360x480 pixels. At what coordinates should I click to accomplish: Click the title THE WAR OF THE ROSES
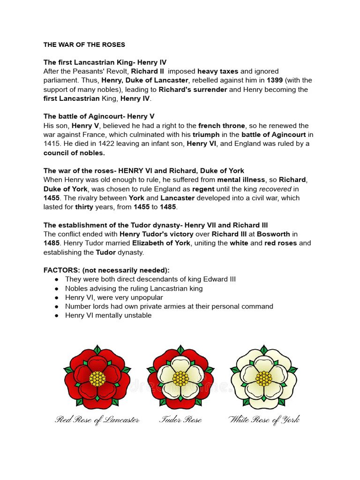click(84, 45)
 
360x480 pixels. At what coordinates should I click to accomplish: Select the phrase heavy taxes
click(218, 71)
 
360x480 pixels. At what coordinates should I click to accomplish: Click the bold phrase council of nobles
click(74, 153)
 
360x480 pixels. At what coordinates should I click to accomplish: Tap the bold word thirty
click(84, 207)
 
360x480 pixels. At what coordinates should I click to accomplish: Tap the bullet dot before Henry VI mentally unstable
click(56, 315)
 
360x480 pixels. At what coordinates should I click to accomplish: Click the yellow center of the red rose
click(97, 378)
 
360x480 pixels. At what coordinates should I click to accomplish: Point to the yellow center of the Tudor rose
click(180, 378)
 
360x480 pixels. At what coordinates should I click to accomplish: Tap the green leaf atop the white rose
click(264, 350)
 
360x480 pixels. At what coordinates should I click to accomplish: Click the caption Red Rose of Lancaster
click(97, 420)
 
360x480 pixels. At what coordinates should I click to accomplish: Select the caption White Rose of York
click(264, 420)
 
